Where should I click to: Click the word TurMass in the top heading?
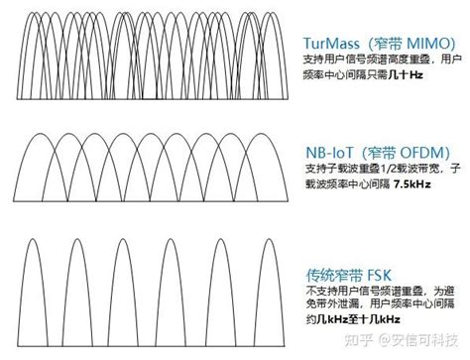pyautogui.click(x=334, y=44)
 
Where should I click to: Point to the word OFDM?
pyautogui.click(x=427, y=152)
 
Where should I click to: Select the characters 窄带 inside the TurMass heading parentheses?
pyautogui.click(x=395, y=44)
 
